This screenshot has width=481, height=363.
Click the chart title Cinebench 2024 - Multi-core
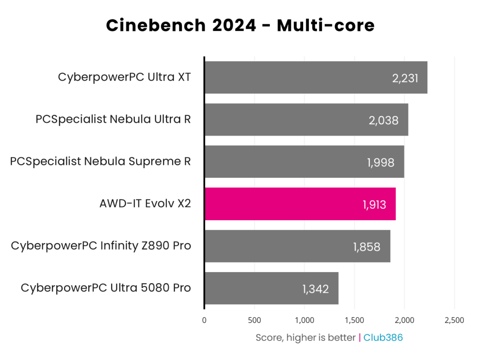click(240, 25)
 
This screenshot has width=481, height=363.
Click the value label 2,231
click(405, 78)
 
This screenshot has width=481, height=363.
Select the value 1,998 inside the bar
click(381, 163)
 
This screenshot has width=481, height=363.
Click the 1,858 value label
click(367, 247)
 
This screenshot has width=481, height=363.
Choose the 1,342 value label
click(316, 289)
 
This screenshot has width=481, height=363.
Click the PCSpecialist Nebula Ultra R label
click(113, 119)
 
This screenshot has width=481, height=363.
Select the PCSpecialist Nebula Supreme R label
click(100, 161)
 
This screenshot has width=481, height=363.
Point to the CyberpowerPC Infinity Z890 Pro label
click(101, 246)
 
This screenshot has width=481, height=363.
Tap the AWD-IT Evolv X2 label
click(145, 204)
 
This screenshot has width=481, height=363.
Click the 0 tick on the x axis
click(204, 320)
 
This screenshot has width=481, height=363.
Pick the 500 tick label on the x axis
click(254, 320)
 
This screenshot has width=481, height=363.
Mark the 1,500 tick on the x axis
click(354, 320)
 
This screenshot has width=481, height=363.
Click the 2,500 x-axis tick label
click(454, 320)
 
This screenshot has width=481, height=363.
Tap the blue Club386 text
click(383, 337)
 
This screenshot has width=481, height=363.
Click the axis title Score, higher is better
click(305, 337)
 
